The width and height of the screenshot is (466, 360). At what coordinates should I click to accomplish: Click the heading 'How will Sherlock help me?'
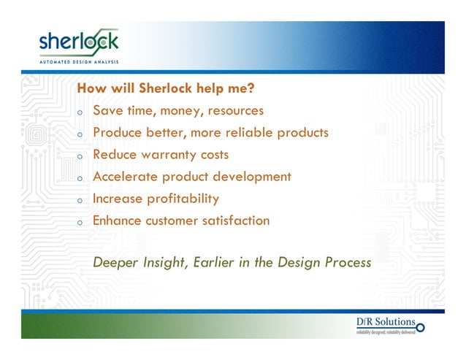[165, 89]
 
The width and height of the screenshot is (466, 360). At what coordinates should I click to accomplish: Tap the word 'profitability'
[180, 199]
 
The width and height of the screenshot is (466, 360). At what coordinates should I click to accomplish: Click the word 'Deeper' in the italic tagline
[115, 263]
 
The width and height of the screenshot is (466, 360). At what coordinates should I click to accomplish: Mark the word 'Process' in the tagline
[346, 263]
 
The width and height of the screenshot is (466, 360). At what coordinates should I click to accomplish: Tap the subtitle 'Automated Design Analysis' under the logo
[77, 61]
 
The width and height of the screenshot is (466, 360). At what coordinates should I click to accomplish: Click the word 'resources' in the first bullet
[236, 112]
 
